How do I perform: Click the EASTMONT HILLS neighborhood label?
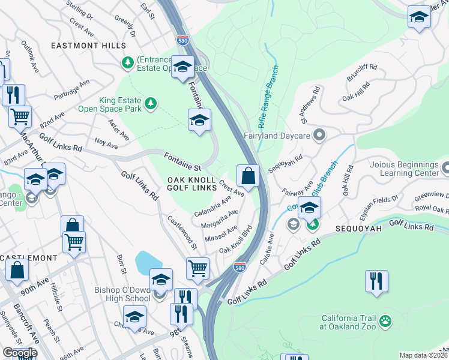click(89, 46)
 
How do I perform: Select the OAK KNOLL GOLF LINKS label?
click(191, 184)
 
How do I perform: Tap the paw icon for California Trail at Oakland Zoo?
click(385, 322)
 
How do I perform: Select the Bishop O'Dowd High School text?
click(122, 294)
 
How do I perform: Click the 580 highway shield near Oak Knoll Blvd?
click(240, 265)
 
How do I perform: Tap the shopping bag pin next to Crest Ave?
click(248, 176)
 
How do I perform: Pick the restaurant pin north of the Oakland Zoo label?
click(376, 281)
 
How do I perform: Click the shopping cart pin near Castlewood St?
click(197, 268)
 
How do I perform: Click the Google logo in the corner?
click(20, 353)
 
